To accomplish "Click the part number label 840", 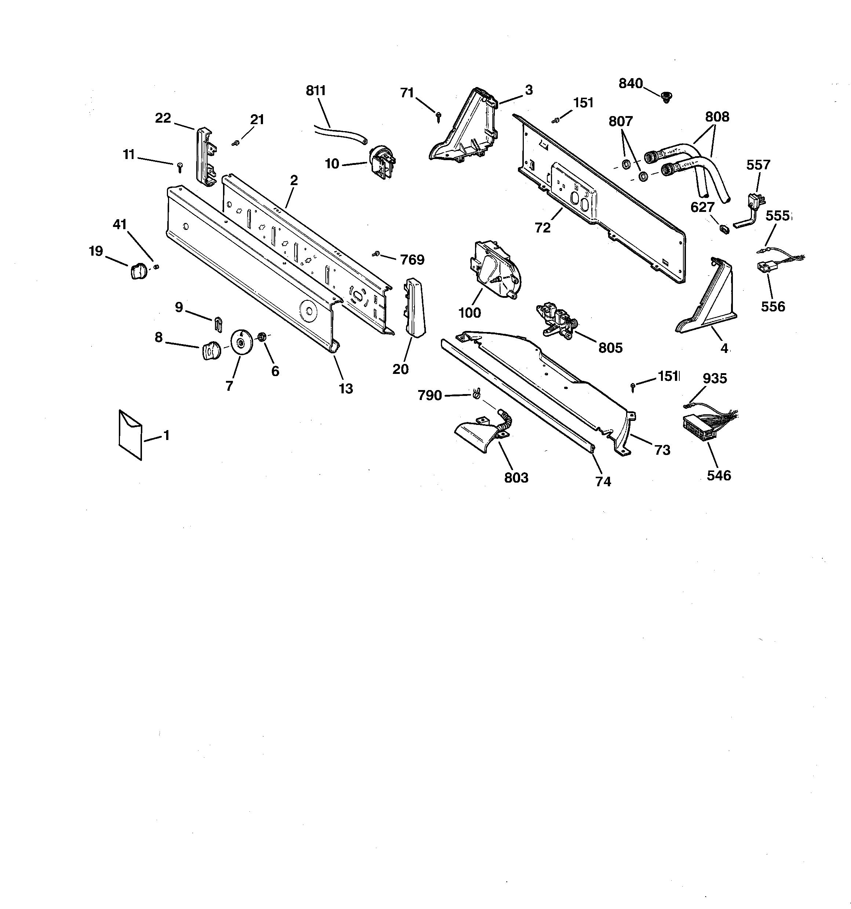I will point(631,84).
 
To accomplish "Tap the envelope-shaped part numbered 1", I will point(130,434).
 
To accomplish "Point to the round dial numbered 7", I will point(242,342).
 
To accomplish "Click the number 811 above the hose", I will point(316,91).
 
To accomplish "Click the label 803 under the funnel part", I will point(516,478).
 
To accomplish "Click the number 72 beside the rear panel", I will point(543,227).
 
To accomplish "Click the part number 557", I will point(758,165).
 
